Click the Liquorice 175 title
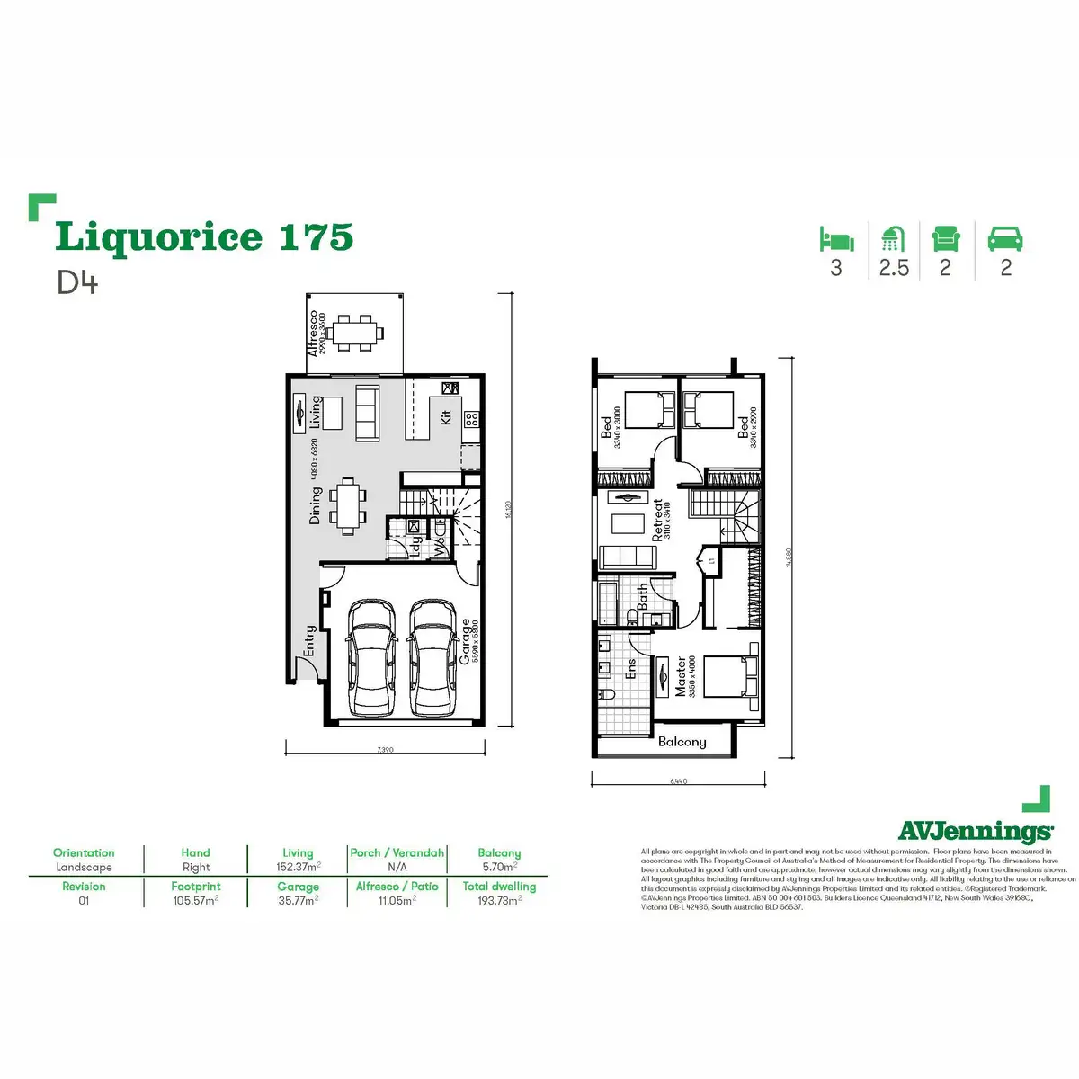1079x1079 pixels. click(x=204, y=237)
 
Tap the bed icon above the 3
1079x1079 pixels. click(x=836, y=239)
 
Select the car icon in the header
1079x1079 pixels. click(x=1005, y=239)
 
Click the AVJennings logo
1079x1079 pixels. click(x=975, y=830)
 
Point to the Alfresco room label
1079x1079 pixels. click(x=314, y=334)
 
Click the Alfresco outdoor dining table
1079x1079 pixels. click(x=354, y=332)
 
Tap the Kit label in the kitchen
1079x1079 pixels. click(x=446, y=417)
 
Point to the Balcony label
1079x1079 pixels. click(x=682, y=742)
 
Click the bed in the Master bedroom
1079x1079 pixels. click(x=729, y=676)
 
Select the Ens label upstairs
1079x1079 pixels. click(x=631, y=669)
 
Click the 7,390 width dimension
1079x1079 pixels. click(x=385, y=749)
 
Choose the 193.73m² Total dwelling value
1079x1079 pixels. click(x=499, y=900)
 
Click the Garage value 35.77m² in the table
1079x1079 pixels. click(x=298, y=900)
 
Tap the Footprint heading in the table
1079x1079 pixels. click(x=195, y=886)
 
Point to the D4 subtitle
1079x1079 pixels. click(x=76, y=282)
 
